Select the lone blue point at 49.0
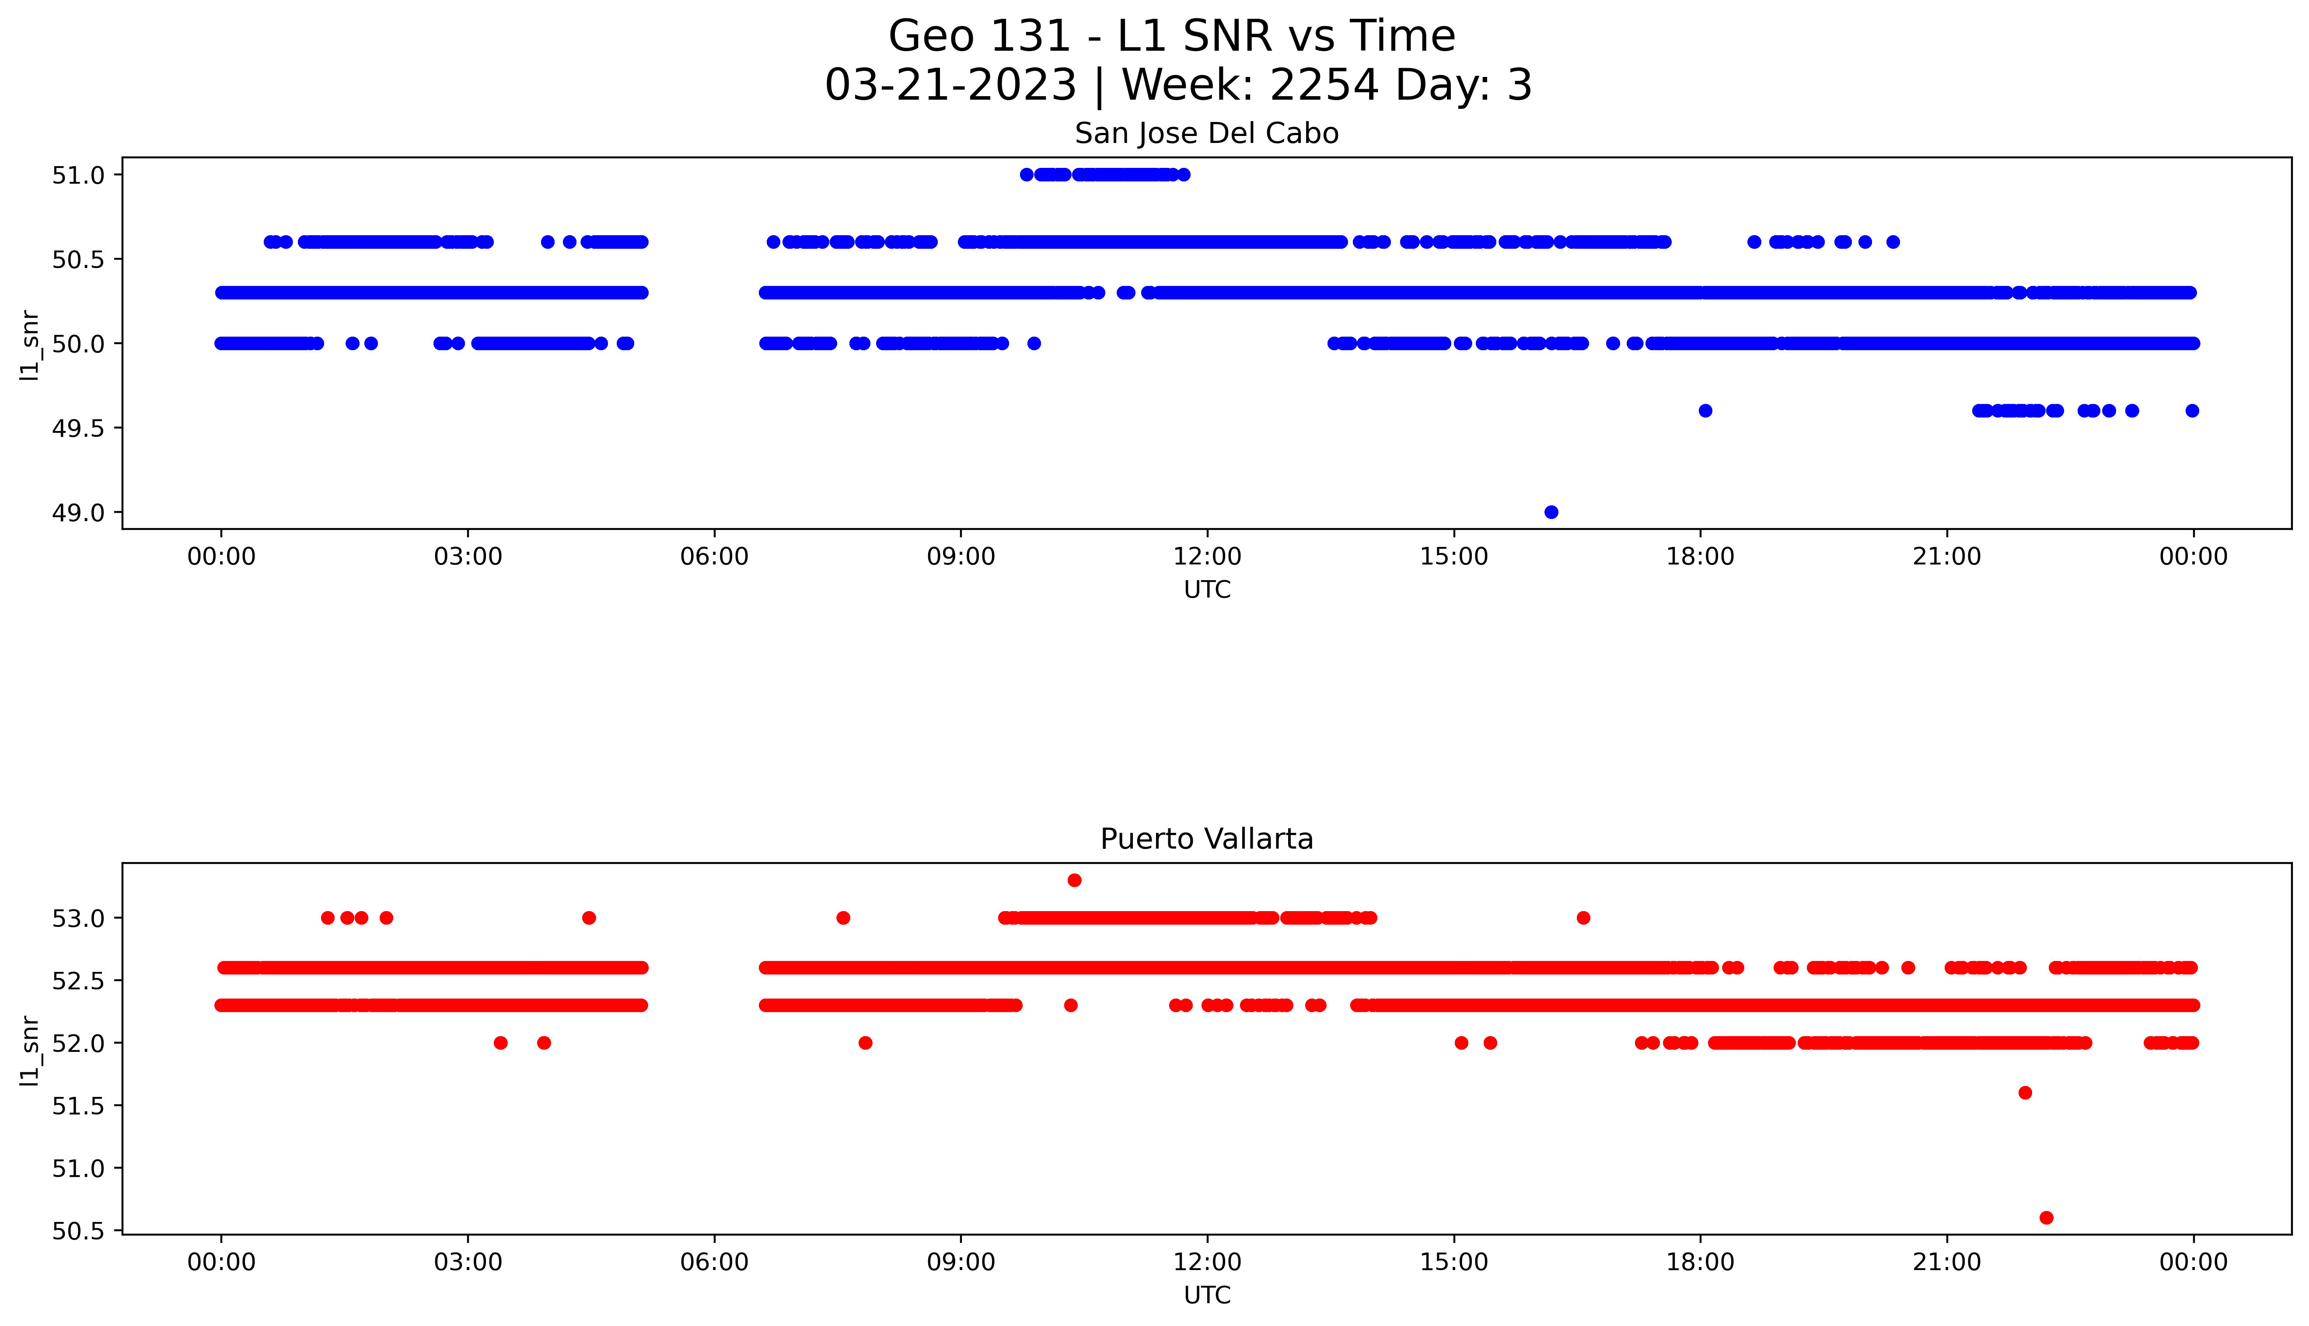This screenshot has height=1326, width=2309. pyautogui.click(x=1551, y=512)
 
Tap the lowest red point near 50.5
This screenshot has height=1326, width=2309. pyautogui.click(x=2046, y=1218)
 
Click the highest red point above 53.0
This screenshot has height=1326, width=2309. pyautogui.click(x=1074, y=880)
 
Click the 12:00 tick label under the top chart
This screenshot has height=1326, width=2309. pyautogui.click(x=1207, y=557)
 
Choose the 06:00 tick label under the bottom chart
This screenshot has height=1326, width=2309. pyautogui.click(x=714, y=1262)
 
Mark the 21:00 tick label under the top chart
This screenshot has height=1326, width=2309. pyautogui.click(x=1946, y=557)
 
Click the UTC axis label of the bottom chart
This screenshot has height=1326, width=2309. pyautogui.click(x=1207, y=1295)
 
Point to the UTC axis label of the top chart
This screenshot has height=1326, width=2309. pyautogui.click(x=1207, y=590)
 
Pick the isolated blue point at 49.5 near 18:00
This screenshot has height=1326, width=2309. pyautogui.click(x=1705, y=411)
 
